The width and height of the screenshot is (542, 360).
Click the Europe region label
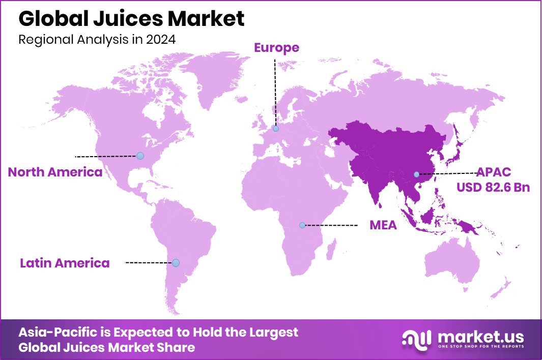276,48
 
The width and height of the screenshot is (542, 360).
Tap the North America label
55,172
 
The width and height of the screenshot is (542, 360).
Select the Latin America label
65,263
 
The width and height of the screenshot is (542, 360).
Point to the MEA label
383,225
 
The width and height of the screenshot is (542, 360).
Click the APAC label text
493,172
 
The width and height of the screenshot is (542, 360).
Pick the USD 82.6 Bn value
493,187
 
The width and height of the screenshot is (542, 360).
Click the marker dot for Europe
276,129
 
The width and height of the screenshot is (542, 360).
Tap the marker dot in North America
140,156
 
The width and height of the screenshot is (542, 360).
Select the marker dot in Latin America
176,263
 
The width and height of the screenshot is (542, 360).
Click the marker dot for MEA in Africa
302,225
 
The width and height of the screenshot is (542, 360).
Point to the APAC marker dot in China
416,174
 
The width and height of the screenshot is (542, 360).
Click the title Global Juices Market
131,19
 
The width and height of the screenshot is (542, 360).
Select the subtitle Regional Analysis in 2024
97,40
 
